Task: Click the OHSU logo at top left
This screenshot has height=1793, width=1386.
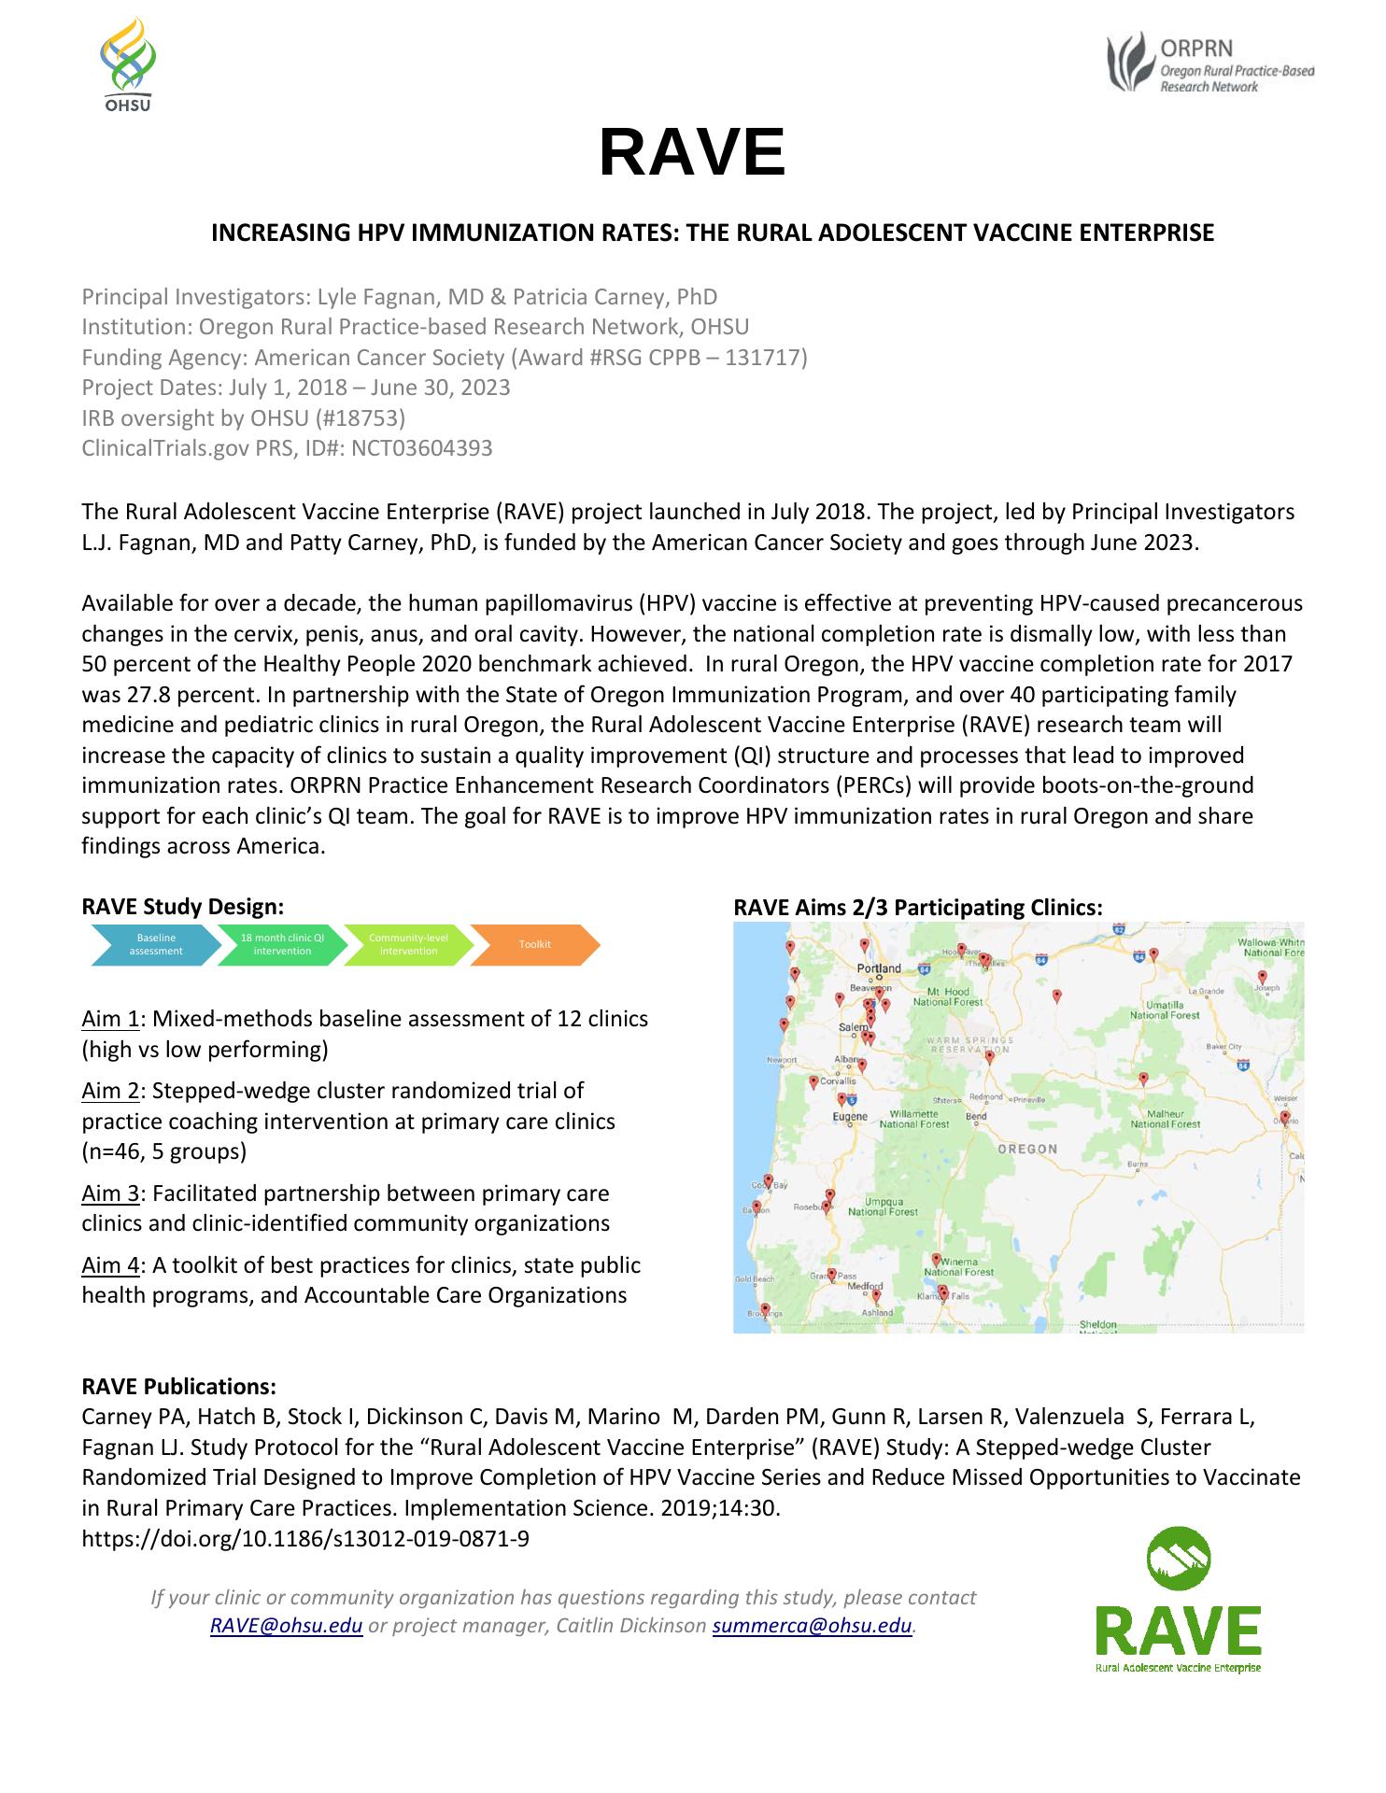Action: (x=128, y=63)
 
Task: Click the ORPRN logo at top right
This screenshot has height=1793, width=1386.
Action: (x=1210, y=63)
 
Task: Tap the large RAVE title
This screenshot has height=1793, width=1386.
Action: (x=692, y=152)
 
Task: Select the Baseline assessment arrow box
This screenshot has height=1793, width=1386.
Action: (x=156, y=944)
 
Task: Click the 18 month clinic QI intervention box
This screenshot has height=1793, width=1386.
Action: (x=282, y=944)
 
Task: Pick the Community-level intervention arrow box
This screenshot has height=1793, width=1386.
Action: (x=408, y=944)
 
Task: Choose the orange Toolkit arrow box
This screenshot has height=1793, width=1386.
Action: (x=534, y=944)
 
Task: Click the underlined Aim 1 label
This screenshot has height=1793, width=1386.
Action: (x=110, y=1019)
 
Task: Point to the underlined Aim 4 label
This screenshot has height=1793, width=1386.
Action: (x=110, y=1265)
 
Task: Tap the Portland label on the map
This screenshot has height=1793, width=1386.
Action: (x=879, y=968)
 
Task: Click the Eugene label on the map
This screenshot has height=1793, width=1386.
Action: (x=850, y=1117)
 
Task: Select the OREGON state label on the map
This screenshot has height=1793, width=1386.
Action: (x=1027, y=1150)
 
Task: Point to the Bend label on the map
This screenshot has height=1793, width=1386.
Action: (x=976, y=1117)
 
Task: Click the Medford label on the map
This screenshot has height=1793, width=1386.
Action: (x=864, y=1287)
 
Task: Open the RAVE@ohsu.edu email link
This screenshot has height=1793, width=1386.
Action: (x=286, y=1626)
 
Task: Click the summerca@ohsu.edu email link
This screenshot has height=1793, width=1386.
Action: (x=812, y=1626)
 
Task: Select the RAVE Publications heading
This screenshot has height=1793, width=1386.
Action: (x=178, y=1386)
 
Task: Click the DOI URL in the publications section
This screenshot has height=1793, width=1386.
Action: (x=305, y=1538)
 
